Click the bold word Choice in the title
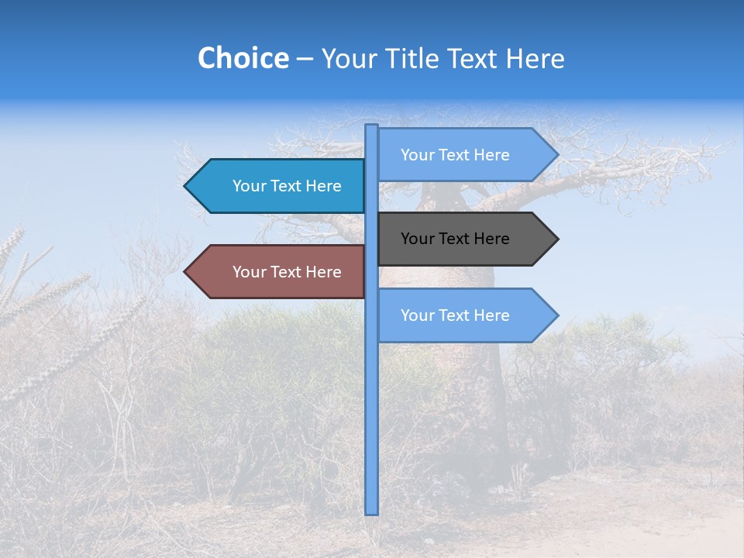click(243, 58)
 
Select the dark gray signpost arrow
click(465, 239)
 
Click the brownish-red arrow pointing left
click(279, 272)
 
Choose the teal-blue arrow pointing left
click(279, 186)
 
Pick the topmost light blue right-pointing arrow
click(465, 155)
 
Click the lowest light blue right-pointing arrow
click(465, 315)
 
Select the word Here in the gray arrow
click(491, 239)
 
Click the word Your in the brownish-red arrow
click(248, 272)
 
